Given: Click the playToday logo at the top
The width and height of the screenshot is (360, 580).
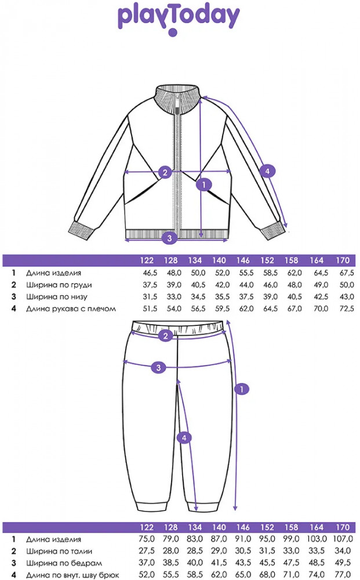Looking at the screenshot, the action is (x=179, y=19).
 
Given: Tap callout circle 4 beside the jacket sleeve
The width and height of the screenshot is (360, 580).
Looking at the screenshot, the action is (x=267, y=171).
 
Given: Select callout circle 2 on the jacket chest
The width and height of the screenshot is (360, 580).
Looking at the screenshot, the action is (x=165, y=172).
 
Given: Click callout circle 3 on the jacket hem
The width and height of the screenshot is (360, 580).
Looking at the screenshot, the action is (x=169, y=237).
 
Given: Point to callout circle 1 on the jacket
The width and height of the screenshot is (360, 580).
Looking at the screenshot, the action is (x=204, y=184).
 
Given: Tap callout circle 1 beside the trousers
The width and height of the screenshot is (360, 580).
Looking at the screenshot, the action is (x=242, y=389).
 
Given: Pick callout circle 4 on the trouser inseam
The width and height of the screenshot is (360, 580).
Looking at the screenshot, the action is (x=184, y=438).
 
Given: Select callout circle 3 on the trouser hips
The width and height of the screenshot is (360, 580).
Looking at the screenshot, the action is (x=159, y=367).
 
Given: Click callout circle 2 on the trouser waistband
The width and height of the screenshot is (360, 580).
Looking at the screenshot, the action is (x=165, y=335).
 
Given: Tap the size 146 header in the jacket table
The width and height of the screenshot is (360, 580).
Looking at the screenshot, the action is (x=243, y=260).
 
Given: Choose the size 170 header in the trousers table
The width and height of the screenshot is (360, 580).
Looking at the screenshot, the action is (x=343, y=527).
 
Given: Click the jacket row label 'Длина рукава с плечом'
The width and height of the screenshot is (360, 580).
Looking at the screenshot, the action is (x=71, y=309).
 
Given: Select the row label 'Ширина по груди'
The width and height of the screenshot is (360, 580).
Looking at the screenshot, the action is (x=59, y=285).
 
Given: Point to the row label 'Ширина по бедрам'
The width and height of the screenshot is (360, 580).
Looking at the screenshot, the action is (x=64, y=563).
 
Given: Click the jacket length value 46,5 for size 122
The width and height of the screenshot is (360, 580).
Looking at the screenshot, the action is (x=150, y=273).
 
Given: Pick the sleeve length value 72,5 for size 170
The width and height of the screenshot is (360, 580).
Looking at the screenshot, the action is (x=347, y=309).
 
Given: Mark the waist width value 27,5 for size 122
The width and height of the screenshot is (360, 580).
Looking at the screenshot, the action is (x=146, y=551).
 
